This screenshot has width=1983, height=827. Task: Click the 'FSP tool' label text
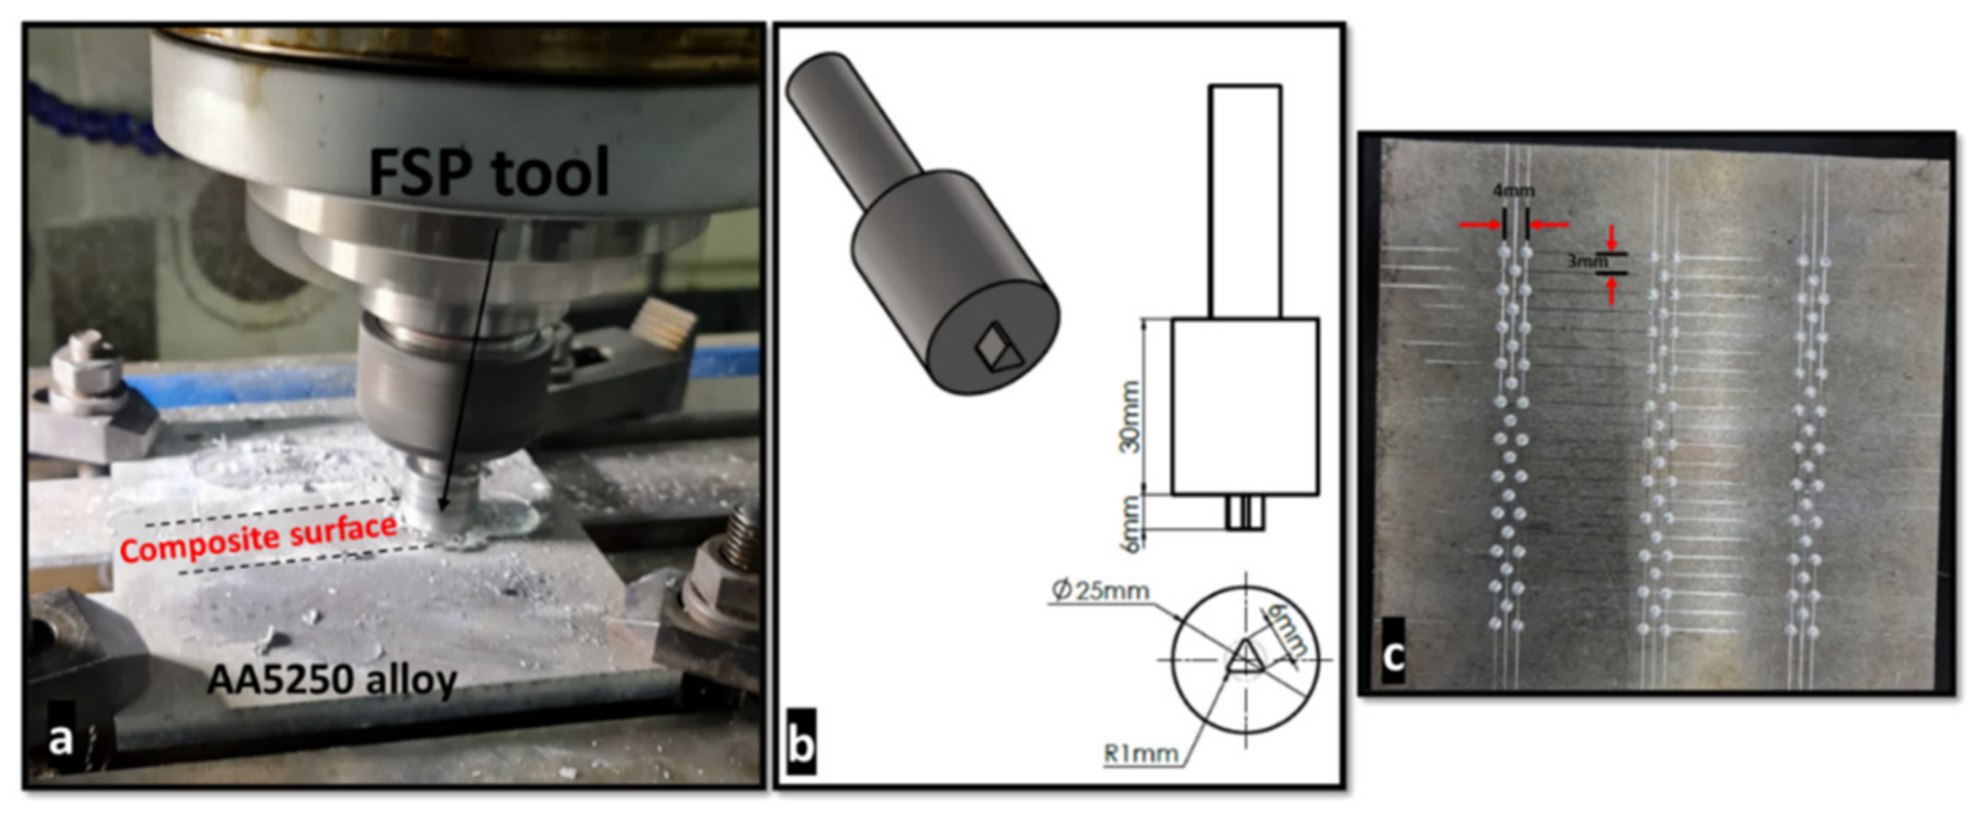489,173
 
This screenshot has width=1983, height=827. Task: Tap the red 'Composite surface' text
259,537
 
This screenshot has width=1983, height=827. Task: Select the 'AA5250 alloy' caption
332,680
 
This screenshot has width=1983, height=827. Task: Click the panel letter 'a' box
60,739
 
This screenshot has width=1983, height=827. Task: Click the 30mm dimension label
1130,416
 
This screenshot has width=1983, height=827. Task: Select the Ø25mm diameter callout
1100,591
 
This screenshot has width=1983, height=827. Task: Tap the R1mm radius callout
1140,754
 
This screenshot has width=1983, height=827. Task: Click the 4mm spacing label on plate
1514,190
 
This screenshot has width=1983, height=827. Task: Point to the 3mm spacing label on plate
1587,262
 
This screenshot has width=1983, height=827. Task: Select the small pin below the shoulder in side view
1245,513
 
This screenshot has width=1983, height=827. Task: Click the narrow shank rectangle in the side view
1245,201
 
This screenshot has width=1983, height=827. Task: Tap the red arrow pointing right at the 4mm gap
1479,225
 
